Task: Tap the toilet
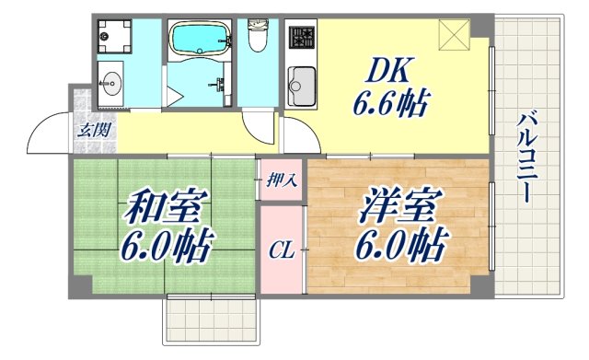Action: (258, 37)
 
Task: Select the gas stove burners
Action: (301, 38)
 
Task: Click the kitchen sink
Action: (302, 87)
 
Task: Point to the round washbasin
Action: (110, 85)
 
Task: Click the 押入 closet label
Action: (282, 180)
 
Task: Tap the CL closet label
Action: (281, 250)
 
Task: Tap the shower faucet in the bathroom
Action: (221, 86)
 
